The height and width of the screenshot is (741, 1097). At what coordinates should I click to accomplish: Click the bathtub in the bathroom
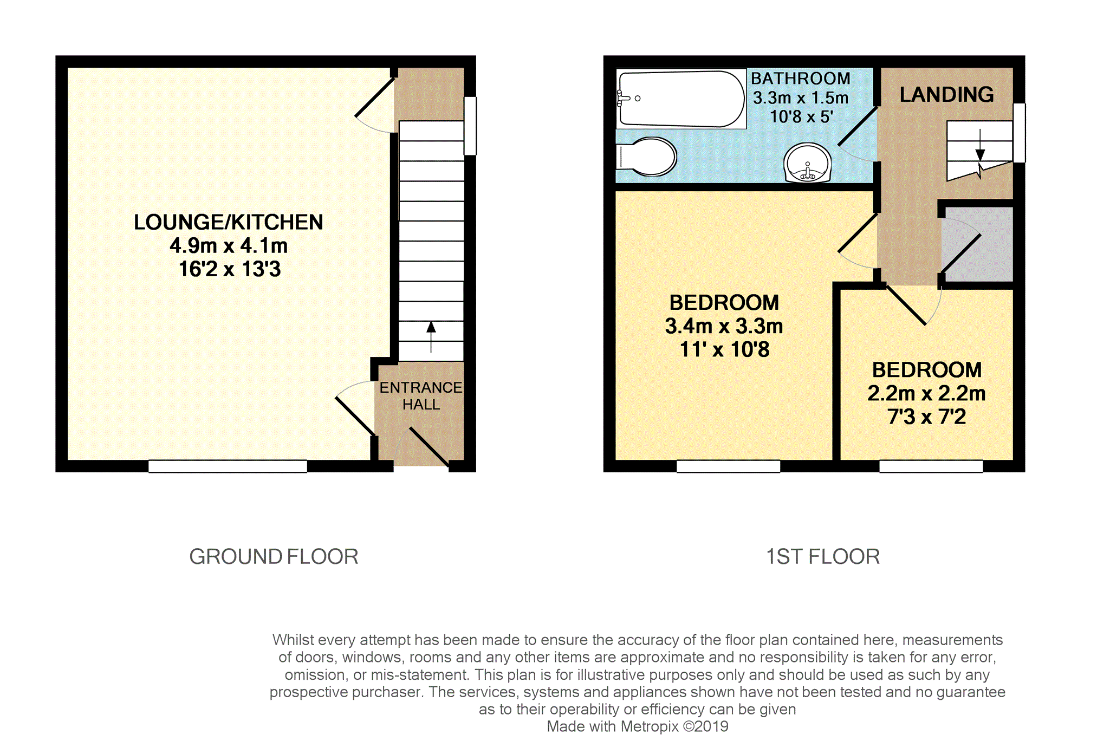tap(681, 99)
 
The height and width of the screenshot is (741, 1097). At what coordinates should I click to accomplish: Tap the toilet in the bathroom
tap(647, 157)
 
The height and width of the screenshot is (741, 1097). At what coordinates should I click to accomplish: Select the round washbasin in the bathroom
tap(807, 163)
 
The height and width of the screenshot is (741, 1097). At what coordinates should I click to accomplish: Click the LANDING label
tap(946, 95)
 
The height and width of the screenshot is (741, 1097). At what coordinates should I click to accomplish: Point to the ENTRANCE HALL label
tap(421, 396)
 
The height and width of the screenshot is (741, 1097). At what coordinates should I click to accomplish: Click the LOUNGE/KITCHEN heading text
tap(229, 222)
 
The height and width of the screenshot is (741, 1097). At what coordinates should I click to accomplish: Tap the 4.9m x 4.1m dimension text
tap(229, 246)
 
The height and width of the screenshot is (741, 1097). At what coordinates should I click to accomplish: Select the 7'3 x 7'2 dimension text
tap(926, 417)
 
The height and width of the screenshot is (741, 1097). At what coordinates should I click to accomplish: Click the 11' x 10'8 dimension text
tap(724, 349)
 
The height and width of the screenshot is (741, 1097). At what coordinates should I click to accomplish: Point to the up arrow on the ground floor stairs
tap(431, 337)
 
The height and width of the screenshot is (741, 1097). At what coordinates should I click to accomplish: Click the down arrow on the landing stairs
tap(980, 145)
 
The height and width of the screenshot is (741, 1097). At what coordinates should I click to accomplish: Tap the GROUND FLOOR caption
tap(274, 557)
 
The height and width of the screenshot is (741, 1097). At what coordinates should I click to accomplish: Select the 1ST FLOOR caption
tap(823, 557)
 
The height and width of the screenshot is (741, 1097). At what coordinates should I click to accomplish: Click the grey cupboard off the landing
tap(977, 244)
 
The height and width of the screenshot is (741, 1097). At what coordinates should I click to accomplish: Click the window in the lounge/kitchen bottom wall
tap(228, 466)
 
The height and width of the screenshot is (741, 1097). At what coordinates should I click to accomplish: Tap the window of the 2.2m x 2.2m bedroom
tap(931, 466)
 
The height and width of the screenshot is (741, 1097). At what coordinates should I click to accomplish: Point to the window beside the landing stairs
tap(1019, 133)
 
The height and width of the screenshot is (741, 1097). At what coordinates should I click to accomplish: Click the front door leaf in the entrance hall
tap(429, 447)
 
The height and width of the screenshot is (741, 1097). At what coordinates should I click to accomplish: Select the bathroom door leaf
tap(858, 126)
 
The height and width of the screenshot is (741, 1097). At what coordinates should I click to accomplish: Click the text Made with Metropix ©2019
tap(638, 726)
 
